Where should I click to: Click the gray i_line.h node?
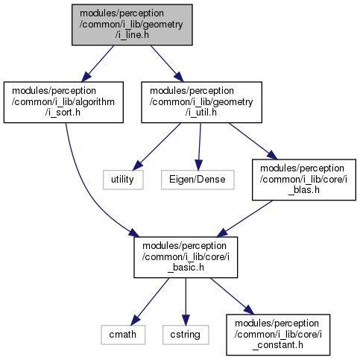(132, 25)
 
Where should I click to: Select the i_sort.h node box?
(63, 102)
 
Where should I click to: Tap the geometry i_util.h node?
(201, 102)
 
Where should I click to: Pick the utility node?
(123, 180)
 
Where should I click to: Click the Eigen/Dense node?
(198, 180)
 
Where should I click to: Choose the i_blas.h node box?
(304, 180)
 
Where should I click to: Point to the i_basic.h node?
(186, 257)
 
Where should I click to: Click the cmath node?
(123, 335)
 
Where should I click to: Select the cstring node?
(186, 335)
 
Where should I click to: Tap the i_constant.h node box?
(278, 335)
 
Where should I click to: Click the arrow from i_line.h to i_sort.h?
(98, 63)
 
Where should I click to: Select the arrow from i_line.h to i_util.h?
(167, 63)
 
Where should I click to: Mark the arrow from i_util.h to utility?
(157, 147)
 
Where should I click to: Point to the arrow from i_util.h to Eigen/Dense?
(199, 147)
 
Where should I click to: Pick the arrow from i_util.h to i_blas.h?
(253, 141)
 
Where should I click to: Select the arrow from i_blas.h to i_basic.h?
(244, 218)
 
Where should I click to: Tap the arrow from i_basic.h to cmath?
(150, 302)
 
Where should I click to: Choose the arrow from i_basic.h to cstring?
(186, 302)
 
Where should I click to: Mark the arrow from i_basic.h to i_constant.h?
(233, 296)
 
